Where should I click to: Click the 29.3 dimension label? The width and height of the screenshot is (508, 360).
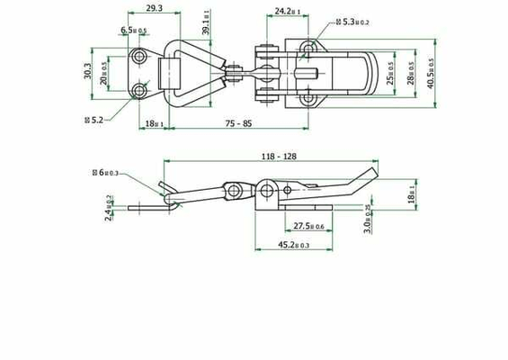(x=153, y=8)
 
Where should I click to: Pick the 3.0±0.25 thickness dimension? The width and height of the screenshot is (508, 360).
(x=367, y=220)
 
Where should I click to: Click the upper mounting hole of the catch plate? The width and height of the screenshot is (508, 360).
(x=140, y=58)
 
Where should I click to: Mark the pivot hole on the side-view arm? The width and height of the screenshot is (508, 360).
(x=234, y=190)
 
